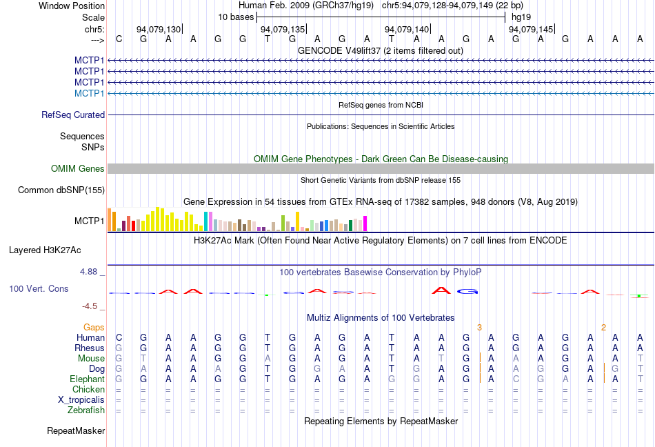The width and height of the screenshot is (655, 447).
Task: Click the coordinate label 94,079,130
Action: click(159, 30)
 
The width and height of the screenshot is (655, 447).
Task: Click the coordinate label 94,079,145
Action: click(531, 30)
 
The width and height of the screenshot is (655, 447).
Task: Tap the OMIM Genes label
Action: click(78, 169)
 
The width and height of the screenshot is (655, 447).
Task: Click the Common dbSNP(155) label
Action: click(61, 190)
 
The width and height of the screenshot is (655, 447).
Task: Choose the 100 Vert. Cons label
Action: click(39, 288)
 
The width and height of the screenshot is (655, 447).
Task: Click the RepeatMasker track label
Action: click(76, 431)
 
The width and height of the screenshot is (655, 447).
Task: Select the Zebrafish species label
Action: click(86, 410)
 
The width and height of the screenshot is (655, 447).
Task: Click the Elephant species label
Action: click(87, 379)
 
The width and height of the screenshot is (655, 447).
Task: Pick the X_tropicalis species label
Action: click(81, 400)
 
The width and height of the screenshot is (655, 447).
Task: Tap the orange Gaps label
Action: click(94, 327)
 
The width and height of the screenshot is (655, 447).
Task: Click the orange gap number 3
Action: click(479, 327)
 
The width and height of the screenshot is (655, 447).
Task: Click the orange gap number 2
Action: click(603, 327)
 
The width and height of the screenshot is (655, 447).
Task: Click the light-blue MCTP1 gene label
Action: click(90, 93)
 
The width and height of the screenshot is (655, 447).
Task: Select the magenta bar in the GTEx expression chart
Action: click(365, 223)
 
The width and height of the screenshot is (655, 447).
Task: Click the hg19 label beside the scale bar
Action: click(520, 17)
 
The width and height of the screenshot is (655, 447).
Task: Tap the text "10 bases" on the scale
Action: click(236, 17)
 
